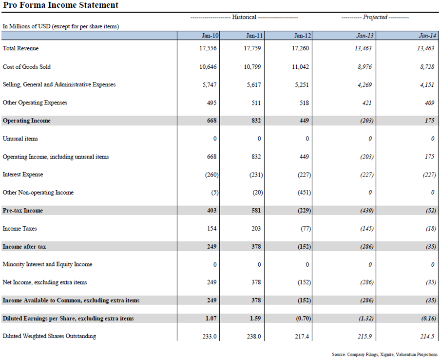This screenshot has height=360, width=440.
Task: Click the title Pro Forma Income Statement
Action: point(60,6)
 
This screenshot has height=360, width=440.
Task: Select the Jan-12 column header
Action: point(302,36)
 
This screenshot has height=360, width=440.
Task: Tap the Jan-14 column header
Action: point(427,36)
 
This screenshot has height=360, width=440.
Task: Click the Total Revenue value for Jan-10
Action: point(208,48)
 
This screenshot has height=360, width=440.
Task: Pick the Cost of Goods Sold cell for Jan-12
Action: point(301,67)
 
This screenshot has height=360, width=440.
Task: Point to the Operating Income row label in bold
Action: point(27,120)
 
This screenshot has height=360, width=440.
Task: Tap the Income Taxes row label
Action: point(20,228)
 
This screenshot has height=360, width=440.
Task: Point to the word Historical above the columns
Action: point(244,17)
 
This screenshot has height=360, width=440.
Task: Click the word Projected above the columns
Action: point(375,17)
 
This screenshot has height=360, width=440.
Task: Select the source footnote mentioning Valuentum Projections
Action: point(384,354)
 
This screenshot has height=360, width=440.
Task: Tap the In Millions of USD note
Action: point(61,26)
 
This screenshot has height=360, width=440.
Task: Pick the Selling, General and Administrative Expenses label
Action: point(59,85)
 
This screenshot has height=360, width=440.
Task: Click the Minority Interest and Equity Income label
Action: point(48,264)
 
